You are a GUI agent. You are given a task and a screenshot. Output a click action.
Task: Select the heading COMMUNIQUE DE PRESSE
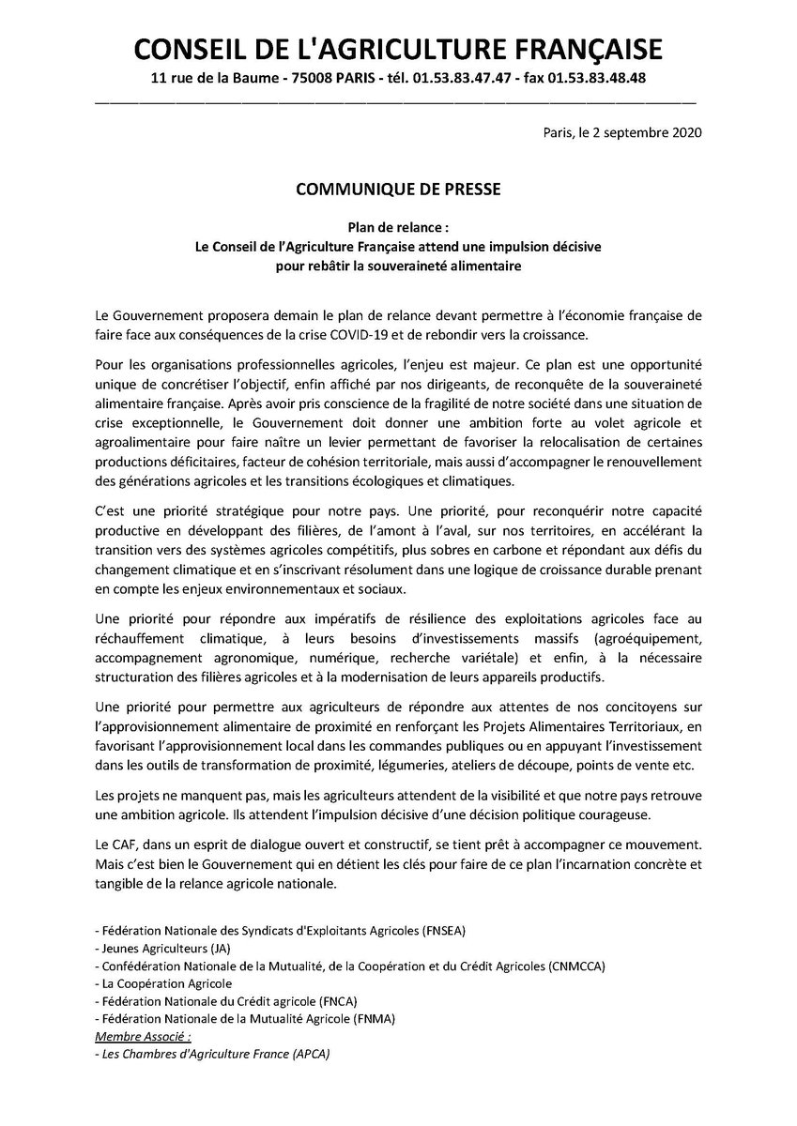[398, 190]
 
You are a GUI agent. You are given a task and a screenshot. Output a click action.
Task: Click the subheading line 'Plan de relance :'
[398, 228]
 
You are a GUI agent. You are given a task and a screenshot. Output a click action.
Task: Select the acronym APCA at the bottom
[308, 1054]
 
